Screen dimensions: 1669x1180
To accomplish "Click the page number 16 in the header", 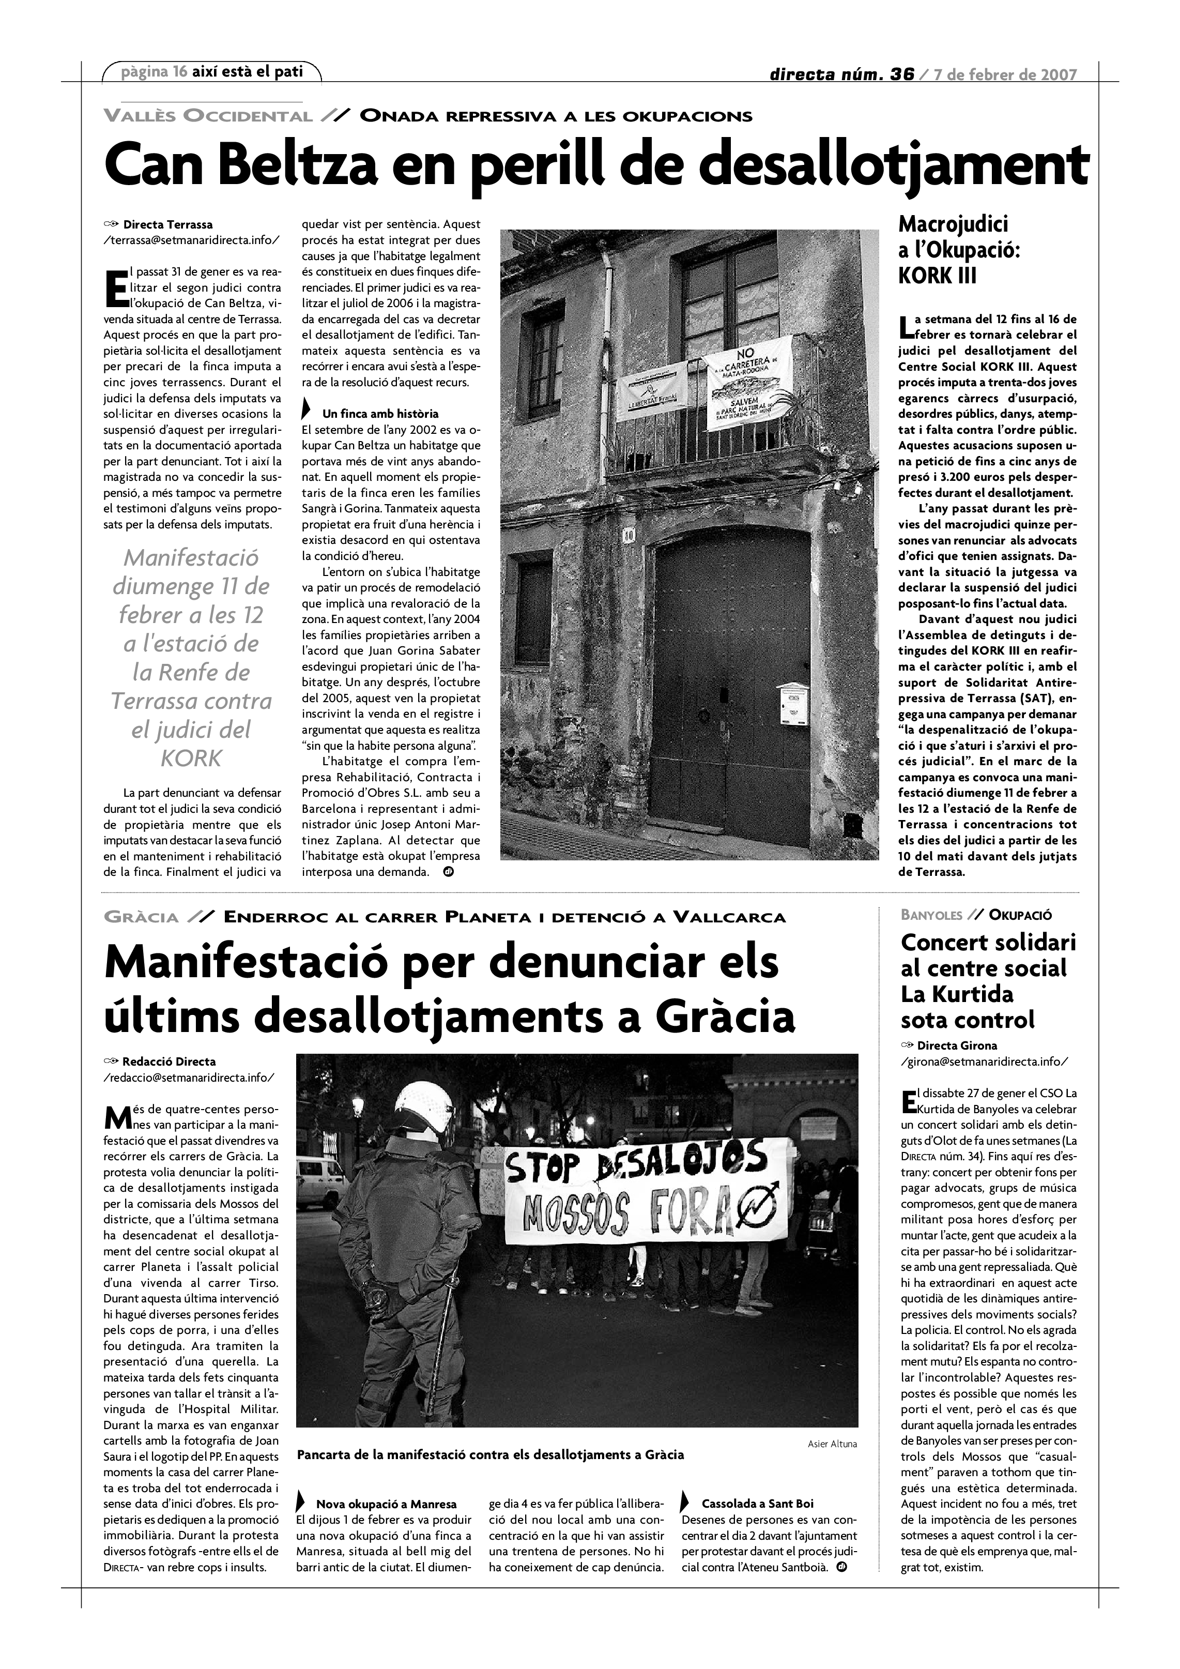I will [180, 71].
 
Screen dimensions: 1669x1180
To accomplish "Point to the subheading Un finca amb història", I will [380, 414].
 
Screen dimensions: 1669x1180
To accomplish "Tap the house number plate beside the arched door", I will [629, 536].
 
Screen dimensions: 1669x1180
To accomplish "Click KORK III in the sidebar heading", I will [938, 276].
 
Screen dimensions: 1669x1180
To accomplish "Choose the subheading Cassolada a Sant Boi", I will [757, 1503].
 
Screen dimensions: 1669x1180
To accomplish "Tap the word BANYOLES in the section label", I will [931, 915].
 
